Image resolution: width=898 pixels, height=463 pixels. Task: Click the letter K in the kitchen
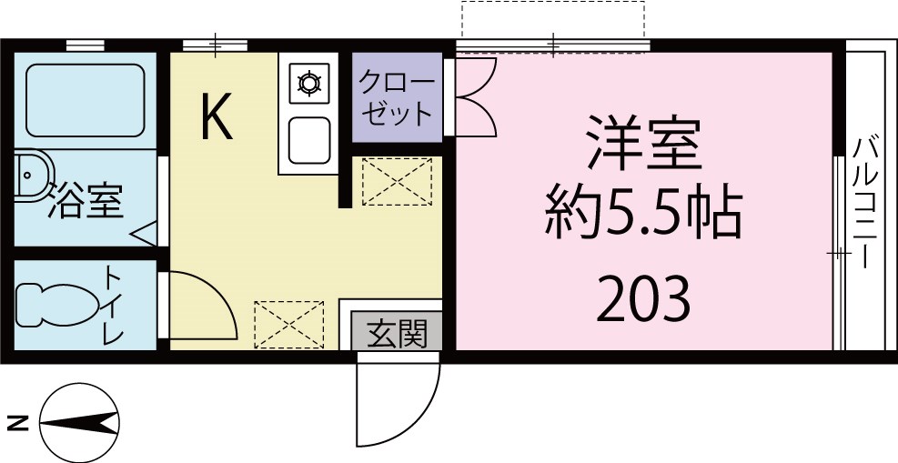point(217,118)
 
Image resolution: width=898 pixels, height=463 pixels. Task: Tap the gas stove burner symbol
point(309,85)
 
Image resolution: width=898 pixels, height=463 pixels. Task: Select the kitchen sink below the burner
point(309,138)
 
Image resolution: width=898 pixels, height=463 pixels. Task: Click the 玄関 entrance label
point(397,334)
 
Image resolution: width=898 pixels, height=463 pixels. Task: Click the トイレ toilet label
point(114,305)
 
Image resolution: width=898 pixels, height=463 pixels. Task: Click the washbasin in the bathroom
point(32,173)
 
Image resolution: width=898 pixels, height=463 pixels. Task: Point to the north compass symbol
point(80,423)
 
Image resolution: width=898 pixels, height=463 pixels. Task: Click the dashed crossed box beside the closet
point(397,181)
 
